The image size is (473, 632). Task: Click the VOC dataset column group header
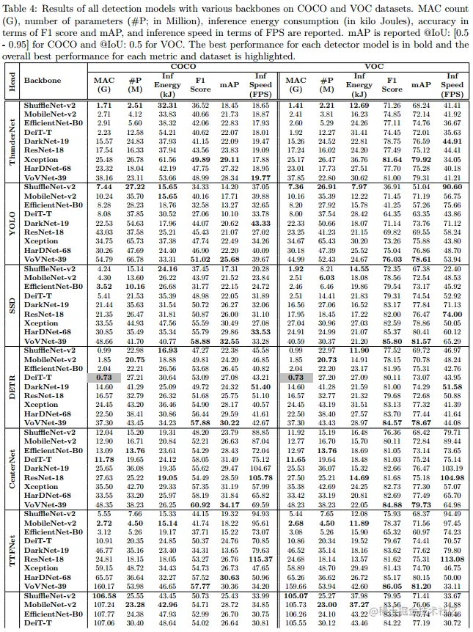pos(374,65)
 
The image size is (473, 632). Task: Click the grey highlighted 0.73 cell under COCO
pos(104,377)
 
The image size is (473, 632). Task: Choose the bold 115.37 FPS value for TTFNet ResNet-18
pos(260,559)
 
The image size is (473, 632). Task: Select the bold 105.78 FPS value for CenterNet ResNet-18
pos(260,477)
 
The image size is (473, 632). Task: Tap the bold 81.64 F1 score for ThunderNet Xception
pos(392,159)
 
